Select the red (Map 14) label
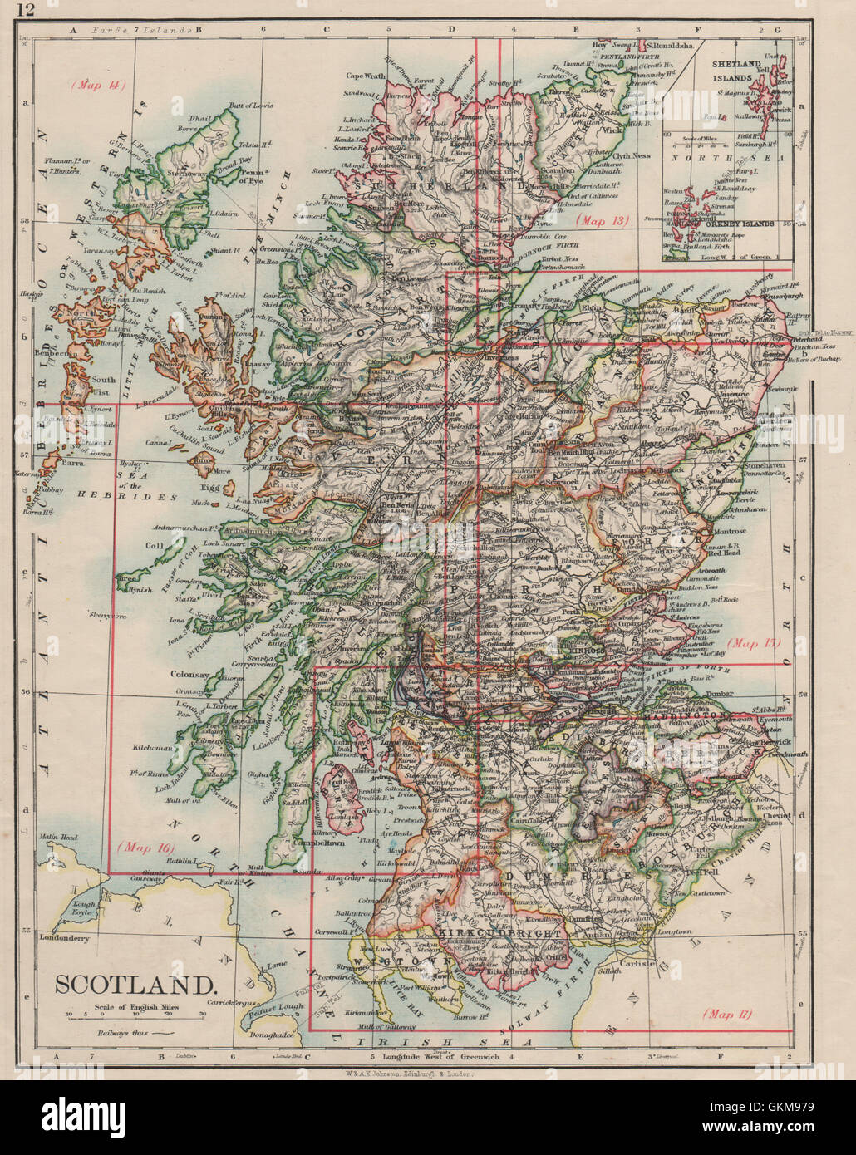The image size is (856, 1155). [x=97, y=85]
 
